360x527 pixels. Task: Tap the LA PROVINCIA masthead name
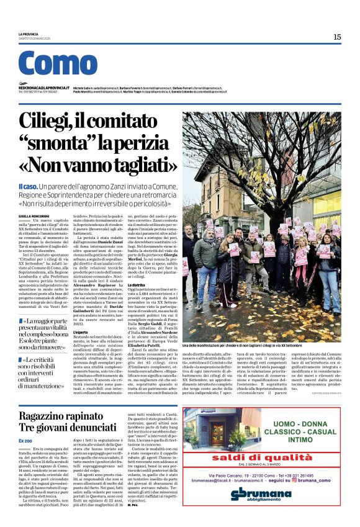tap(29, 34)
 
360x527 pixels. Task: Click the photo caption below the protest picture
tap(254, 345)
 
